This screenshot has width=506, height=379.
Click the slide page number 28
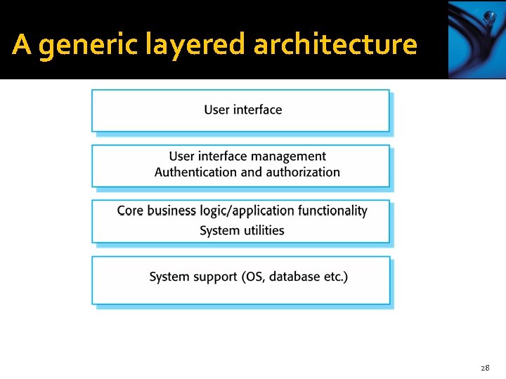(484, 368)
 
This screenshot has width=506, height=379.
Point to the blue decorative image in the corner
(476, 39)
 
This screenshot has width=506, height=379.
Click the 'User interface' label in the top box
(242, 109)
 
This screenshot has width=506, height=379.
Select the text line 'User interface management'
(247, 157)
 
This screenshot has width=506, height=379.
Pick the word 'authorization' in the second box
(302, 172)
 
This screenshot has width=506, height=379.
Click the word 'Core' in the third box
(130, 211)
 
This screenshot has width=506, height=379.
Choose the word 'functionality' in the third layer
(332, 211)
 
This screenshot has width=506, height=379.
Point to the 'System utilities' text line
(242, 230)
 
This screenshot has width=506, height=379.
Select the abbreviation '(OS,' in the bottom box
(252, 277)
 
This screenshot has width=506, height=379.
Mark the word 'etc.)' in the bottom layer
(335, 277)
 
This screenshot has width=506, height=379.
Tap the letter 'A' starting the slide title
(21, 45)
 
